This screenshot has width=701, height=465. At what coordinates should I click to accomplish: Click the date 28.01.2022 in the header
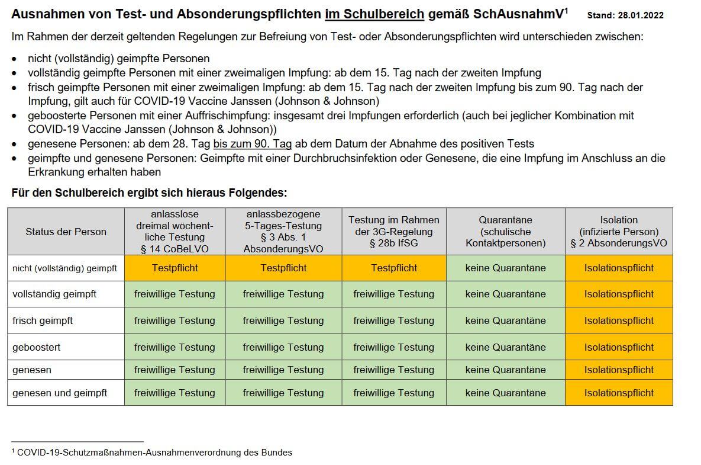641,15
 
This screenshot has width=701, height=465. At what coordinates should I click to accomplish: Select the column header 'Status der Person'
66,232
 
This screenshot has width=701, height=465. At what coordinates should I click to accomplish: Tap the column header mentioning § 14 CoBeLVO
175,232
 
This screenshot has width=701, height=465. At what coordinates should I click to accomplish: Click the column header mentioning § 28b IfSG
393,232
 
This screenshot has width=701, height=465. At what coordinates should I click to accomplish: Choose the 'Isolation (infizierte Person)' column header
619,232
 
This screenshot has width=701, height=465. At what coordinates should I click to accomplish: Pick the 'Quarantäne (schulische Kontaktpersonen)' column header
505,232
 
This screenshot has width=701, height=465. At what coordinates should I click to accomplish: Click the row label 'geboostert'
37,347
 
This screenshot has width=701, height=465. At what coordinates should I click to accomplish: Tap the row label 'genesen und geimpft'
60,393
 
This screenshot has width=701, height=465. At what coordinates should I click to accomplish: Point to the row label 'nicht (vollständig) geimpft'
64,268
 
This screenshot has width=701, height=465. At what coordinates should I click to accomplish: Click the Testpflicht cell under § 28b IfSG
393,268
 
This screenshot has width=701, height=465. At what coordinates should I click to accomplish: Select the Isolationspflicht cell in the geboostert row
619,347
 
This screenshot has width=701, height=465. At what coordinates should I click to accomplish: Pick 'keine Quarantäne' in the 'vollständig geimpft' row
505,294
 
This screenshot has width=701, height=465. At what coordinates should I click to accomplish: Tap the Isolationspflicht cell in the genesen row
619,370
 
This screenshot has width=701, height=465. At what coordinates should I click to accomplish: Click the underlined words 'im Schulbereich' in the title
374,14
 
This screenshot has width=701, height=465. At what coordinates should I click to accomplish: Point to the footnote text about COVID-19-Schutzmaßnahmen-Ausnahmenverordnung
154,453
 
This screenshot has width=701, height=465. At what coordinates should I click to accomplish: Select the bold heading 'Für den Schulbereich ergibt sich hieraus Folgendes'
149,193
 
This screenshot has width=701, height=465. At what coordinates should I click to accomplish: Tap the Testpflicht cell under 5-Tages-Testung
283,268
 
